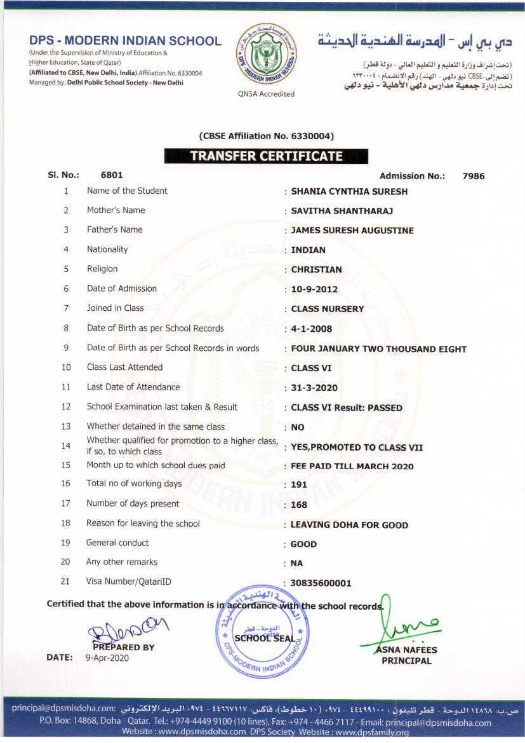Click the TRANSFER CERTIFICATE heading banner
[266, 156]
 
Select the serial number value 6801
[112, 175]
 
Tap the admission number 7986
[474, 176]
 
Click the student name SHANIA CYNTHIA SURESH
[349, 191]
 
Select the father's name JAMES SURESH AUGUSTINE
[352, 231]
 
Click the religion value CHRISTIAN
[316, 269]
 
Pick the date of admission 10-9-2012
[314, 289]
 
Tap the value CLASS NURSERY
[328, 309]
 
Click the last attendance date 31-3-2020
[314, 388]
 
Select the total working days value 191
[299, 484]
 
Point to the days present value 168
[299, 505]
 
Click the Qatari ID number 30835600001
[321, 583]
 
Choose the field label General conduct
[117, 543]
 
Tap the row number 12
[66, 407]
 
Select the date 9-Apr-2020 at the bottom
[107, 658]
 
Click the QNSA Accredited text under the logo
[267, 94]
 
